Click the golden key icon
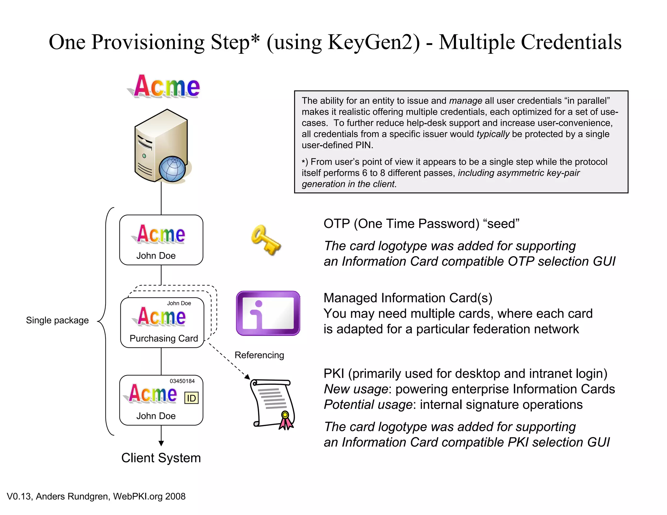[x=265, y=240]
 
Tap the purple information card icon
[x=268, y=313]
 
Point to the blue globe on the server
[x=172, y=169]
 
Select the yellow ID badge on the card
[x=191, y=398]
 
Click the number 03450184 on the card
[x=182, y=381]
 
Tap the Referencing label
[x=259, y=355]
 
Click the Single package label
[x=57, y=320]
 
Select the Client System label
[x=161, y=458]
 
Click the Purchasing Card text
[x=163, y=339]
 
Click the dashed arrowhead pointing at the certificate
[x=248, y=377]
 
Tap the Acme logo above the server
[x=166, y=86]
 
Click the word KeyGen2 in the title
[x=374, y=42]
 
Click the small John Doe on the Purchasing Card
[x=179, y=303]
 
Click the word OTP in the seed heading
[x=336, y=224]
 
